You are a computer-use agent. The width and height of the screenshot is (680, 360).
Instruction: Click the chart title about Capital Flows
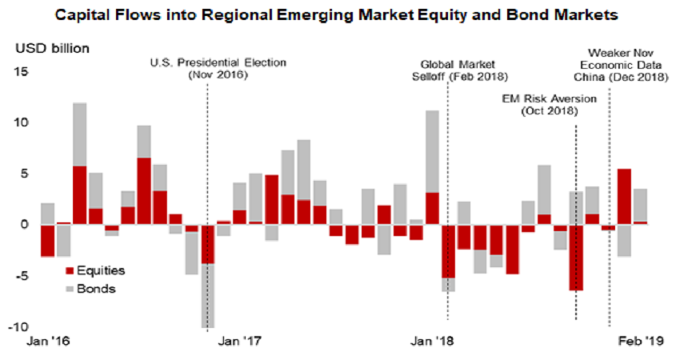point(340,14)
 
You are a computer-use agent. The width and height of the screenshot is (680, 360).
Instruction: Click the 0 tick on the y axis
point(23,224)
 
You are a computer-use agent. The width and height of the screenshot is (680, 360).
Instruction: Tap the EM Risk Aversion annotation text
point(538,104)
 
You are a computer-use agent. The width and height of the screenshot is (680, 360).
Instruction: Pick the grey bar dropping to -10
point(208,295)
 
